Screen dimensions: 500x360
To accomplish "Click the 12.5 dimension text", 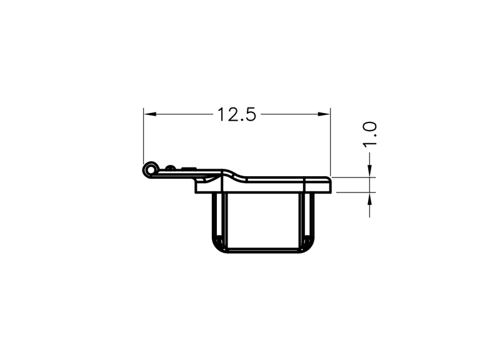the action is (237, 114).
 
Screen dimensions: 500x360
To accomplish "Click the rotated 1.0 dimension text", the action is (370, 134).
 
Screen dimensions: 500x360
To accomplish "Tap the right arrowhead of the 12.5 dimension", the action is (324, 114).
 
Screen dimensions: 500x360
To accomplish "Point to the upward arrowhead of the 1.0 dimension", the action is (369, 199).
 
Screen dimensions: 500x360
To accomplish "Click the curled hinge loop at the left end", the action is (150, 169).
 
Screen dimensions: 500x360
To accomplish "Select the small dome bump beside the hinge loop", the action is (170, 167).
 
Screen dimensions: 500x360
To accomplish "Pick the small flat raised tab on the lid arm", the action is (189, 167).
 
